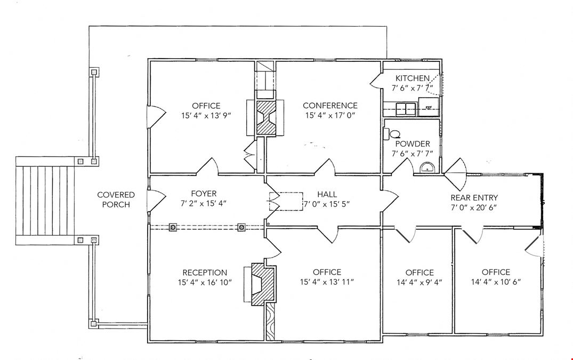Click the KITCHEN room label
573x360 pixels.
[412, 78]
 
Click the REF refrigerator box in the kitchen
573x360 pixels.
[428, 107]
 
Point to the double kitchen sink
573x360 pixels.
[405, 108]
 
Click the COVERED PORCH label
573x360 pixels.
[116, 199]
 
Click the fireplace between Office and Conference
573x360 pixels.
[265, 118]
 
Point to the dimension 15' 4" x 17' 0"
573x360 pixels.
[330, 115]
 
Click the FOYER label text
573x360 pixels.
[204, 194]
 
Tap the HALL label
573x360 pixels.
[327, 194]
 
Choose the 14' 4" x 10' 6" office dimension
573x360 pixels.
[496, 282]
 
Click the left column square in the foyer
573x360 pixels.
[173, 227]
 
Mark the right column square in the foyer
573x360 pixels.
[241, 227]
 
